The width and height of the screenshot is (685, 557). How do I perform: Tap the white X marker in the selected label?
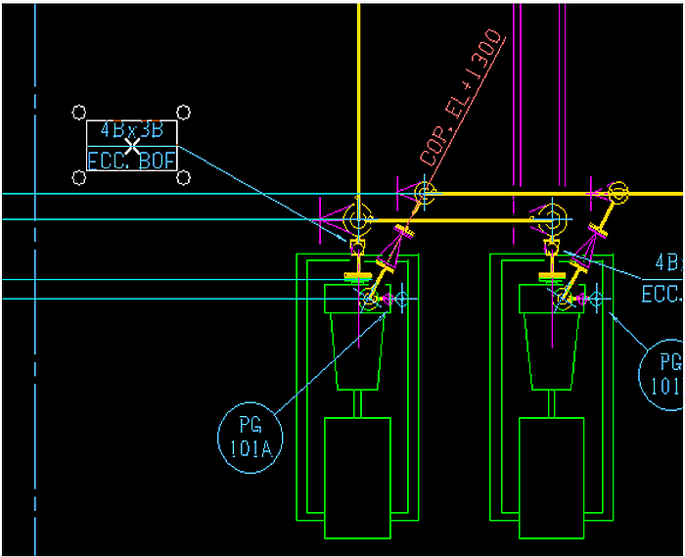pyautogui.click(x=131, y=145)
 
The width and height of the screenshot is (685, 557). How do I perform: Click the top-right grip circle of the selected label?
pyautogui.click(x=183, y=113)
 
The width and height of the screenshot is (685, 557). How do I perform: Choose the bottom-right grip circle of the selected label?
pyautogui.click(x=183, y=177)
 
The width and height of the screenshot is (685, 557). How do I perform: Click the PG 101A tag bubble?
pyautogui.click(x=251, y=437)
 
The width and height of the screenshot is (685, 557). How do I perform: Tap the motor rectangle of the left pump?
pyautogui.click(x=357, y=477)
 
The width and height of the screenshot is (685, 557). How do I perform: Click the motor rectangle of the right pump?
pyautogui.click(x=551, y=477)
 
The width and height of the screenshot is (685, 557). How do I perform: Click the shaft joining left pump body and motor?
pyautogui.click(x=357, y=403)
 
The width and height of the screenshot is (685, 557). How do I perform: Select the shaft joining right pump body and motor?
pyautogui.click(x=551, y=403)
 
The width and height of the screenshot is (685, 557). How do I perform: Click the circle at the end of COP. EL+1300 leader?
pyautogui.click(x=424, y=193)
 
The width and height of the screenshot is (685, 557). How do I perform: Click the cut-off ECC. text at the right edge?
pyautogui.click(x=662, y=293)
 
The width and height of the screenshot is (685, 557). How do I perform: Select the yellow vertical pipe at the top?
pyautogui.click(x=359, y=98)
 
